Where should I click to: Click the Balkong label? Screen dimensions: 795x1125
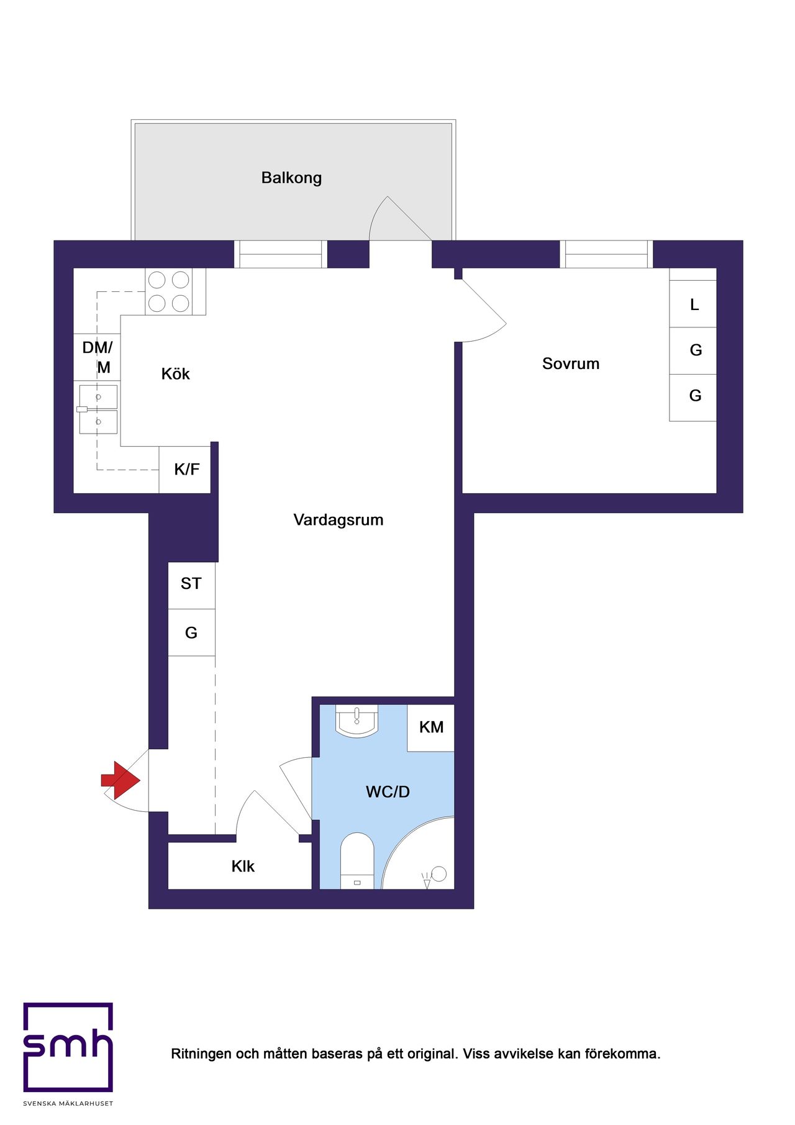click(x=291, y=178)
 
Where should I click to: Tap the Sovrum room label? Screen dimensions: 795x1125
click(x=571, y=363)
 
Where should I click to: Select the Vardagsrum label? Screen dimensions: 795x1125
click(x=338, y=520)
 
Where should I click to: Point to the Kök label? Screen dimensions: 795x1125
click(x=175, y=373)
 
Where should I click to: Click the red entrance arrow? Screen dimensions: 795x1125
click(x=121, y=780)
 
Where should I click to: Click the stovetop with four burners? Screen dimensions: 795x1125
click(x=168, y=291)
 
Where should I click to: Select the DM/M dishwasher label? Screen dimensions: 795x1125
click(x=98, y=357)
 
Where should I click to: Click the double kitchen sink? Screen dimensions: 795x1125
click(x=98, y=409)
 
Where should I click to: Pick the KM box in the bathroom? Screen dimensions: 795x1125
click(x=431, y=727)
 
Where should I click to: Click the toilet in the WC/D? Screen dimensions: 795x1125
click(x=357, y=861)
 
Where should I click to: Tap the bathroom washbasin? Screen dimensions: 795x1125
click(x=357, y=721)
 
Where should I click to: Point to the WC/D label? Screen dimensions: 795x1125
click(x=388, y=792)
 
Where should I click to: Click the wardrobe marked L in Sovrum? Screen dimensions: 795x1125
click(x=693, y=304)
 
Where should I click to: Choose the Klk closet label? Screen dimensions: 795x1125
click(x=243, y=867)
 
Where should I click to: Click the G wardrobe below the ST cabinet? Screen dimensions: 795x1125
click(x=191, y=632)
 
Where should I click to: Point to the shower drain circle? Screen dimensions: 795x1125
click(x=439, y=873)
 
